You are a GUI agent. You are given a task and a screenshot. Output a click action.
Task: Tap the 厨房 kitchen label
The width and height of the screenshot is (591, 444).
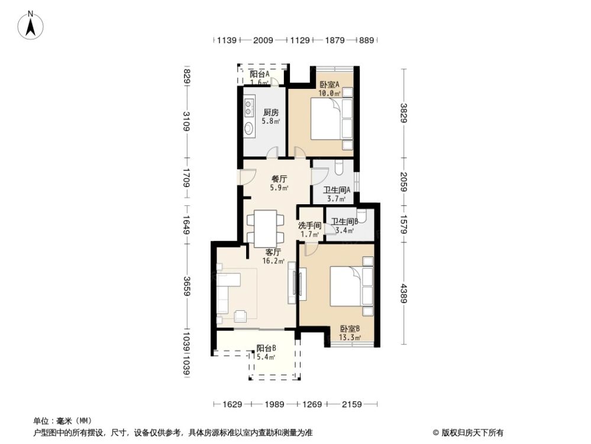pos(271,112)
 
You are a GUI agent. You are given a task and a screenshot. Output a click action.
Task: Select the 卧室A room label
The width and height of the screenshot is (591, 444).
pos(329,84)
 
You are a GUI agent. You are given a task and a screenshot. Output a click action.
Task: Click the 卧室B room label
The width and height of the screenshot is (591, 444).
pos(350,329)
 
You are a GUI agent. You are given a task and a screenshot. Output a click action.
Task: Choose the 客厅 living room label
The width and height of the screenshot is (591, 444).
pos(273,251)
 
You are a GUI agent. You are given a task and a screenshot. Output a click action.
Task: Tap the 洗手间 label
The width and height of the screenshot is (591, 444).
pos(309,226)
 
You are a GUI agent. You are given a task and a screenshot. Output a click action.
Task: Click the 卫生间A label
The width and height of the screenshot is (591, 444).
pos(337,191)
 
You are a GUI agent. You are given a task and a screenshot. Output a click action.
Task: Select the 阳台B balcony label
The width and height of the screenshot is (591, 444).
pos(266,348)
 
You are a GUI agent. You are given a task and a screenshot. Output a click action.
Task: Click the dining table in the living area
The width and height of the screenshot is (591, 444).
pos(265,229)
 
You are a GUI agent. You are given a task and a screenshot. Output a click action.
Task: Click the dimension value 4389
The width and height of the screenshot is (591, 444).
pos(403,294)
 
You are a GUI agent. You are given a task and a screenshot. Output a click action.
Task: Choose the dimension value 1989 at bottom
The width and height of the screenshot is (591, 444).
pos(274,405)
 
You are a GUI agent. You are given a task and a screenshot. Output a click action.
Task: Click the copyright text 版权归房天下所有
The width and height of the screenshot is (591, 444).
pos(471,432)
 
